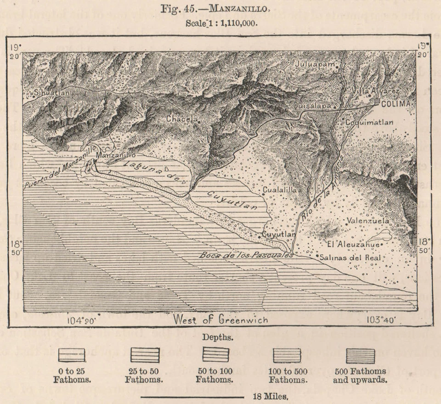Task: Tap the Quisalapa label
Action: click(312, 105)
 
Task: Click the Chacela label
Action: click(182, 119)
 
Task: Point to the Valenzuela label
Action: click(368, 221)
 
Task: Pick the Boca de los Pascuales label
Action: click(246, 255)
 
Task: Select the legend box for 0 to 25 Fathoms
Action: click(72, 355)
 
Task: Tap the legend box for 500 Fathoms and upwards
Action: click(360, 355)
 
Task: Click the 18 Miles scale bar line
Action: click(193, 395)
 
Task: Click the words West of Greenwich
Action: click(220, 319)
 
